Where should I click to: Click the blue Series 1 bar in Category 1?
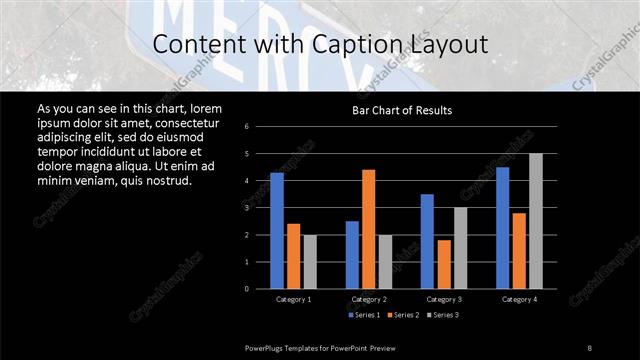click(x=277, y=231)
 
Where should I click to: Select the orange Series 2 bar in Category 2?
click(x=369, y=229)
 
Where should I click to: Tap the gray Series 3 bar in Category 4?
click(x=535, y=221)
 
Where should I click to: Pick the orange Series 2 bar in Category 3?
click(x=443, y=264)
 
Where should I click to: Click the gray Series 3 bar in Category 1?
click(x=310, y=262)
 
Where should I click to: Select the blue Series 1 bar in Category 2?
click(x=352, y=255)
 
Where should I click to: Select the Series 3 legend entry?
click(x=442, y=315)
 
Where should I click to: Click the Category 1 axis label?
click(x=294, y=299)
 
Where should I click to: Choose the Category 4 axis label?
click(x=519, y=299)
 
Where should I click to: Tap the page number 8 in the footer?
click(x=590, y=346)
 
